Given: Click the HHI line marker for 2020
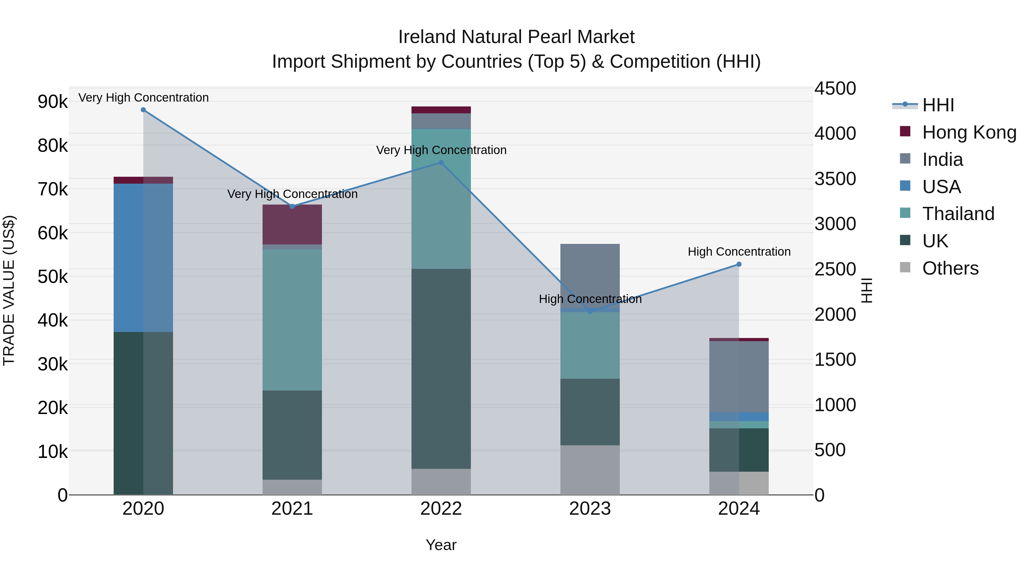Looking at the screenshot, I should point(143,110).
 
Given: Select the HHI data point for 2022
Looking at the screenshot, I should point(441,163).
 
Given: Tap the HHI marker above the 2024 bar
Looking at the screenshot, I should point(739,264).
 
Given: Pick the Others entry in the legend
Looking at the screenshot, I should point(950,268).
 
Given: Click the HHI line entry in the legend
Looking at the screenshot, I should point(938,105).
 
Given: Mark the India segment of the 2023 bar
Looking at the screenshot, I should point(590,276).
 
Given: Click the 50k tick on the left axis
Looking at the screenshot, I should point(53,277).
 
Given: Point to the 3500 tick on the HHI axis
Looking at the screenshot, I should point(835,179).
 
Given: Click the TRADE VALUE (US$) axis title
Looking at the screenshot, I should point(9,290).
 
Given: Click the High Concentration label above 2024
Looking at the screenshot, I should point(739,252).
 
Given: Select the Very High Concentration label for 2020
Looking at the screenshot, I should point(143,98).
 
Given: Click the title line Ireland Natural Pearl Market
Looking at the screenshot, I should point(516,37).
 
